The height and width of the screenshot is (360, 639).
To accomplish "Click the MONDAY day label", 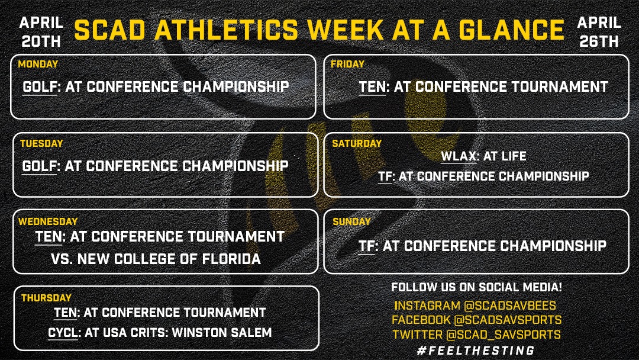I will pos(38,65).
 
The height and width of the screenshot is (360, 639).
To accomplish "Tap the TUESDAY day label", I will pos(41,144).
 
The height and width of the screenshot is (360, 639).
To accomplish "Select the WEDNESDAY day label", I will pos(48,222).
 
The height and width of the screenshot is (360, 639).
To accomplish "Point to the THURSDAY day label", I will pos(46,298).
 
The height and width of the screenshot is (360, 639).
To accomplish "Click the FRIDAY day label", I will pos(348,65).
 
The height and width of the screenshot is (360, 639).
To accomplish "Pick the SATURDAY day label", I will pos(357,144).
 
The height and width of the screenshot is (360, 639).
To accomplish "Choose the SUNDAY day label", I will pos(351,222).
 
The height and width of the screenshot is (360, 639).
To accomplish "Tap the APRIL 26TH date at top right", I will pos(599,32).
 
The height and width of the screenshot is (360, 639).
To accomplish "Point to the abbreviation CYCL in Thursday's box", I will pos(63,333).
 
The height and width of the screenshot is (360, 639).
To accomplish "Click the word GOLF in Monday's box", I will pos(40,87).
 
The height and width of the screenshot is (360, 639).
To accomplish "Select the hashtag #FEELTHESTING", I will pos(476,350).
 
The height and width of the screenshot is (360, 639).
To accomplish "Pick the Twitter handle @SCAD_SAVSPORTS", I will pos(503,335).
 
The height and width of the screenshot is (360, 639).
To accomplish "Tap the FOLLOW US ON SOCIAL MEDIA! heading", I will pos(476,288).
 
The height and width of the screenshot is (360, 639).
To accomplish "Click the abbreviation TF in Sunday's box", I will pos(367,246).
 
